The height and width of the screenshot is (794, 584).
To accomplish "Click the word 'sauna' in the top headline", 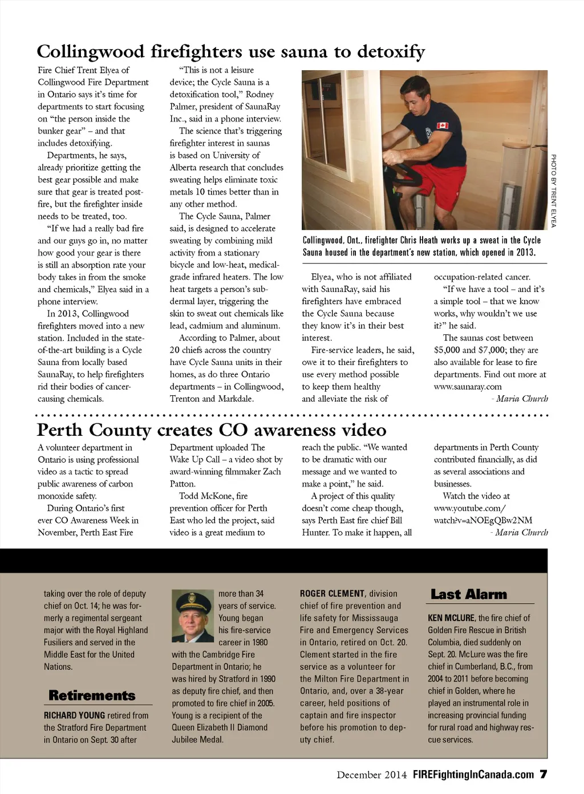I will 302,52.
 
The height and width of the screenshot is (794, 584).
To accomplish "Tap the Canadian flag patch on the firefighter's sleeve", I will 442,125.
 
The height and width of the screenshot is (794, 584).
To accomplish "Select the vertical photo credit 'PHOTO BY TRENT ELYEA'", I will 553,191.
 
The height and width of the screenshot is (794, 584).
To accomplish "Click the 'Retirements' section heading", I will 92,695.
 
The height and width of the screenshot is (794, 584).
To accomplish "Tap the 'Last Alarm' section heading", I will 468,594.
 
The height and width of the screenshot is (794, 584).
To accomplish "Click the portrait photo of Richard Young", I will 193,616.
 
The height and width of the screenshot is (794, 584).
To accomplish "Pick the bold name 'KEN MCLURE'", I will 451,618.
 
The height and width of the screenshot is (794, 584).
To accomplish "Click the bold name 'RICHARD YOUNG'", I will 74,715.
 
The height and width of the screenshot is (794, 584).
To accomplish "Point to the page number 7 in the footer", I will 544,774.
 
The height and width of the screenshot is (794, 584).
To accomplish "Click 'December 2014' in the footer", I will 371,775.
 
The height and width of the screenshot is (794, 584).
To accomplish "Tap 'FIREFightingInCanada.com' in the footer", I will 473,775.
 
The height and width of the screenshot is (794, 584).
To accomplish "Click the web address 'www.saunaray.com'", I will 468,387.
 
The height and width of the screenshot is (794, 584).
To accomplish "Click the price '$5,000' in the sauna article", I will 447,350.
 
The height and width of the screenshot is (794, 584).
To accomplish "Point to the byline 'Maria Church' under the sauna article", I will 521,399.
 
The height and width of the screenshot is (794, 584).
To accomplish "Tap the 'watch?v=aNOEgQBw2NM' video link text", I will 482,520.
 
